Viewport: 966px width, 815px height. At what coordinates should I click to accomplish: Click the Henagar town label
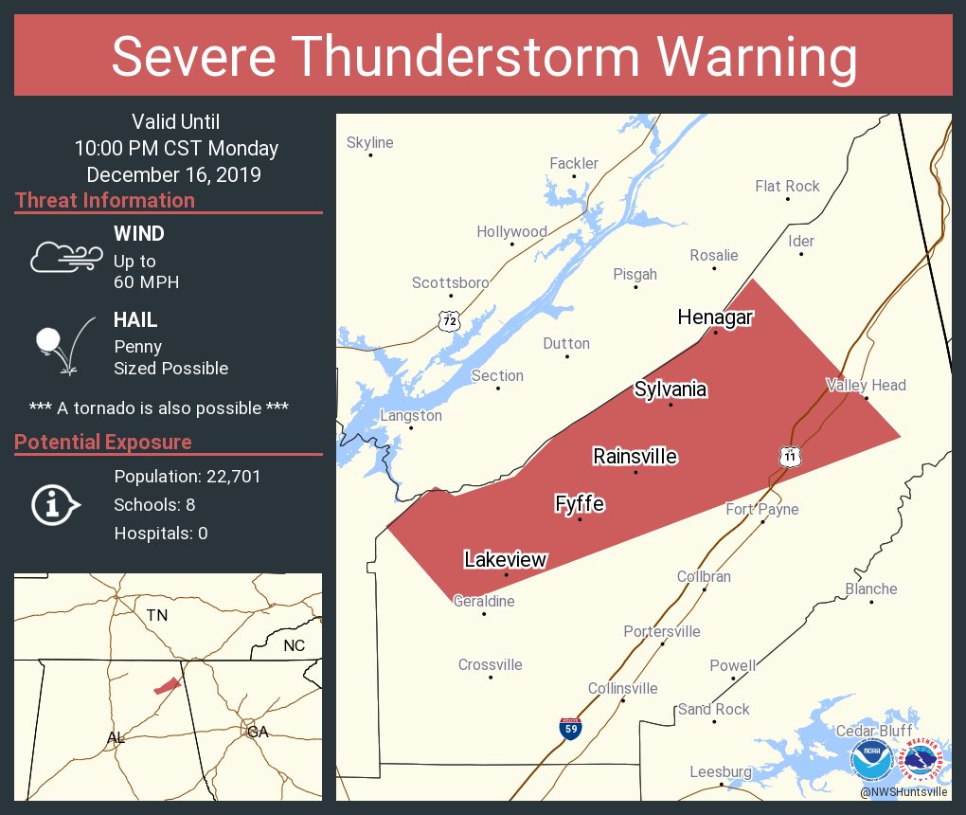(715, 317)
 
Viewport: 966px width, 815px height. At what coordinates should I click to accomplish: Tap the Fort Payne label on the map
(762, 509)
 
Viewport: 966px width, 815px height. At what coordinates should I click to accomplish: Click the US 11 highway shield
(790, 456)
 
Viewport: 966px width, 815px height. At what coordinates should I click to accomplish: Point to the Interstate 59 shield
(569, 728)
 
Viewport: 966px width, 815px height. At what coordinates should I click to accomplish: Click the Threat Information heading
(105, 201)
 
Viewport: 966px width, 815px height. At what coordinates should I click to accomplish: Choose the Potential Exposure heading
(103, 443)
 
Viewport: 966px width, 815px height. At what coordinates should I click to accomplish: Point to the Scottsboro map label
(450, 282)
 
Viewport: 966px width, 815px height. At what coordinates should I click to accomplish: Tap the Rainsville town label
(635, 457)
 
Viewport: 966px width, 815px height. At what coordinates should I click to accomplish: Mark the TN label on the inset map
(157, 616)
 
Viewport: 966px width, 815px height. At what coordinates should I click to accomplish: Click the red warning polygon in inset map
(167, 685)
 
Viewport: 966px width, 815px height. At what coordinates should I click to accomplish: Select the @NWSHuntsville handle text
(903, 791)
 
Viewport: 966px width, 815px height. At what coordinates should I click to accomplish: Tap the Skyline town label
(369, 143)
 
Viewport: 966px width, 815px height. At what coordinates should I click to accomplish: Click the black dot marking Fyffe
(580, 519)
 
